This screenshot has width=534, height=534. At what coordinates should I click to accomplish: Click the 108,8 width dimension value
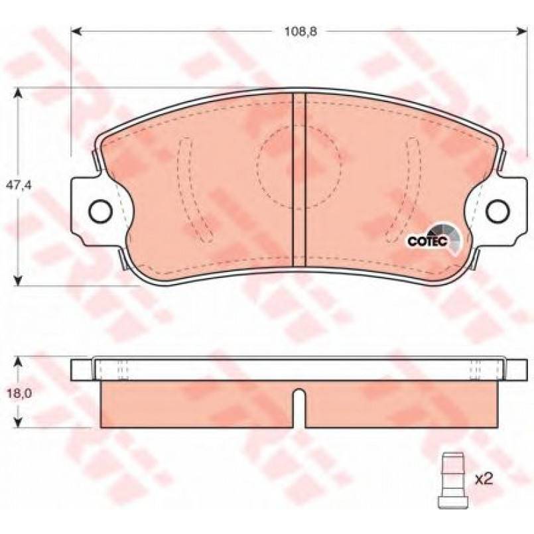pyautogui.click(x=300, y=32)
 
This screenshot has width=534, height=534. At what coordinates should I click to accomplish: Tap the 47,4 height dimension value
pyautogui.click(x=19, y=185)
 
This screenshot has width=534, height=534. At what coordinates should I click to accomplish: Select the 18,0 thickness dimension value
pyautogui.click(x=20, y=393)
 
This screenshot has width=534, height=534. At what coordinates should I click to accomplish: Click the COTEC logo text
pyautogui.click(x=427, y=241)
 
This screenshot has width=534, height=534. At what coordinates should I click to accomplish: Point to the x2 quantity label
pyautogui.click(x=484, y=479)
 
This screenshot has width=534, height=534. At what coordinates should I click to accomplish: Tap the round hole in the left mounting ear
pyautogui.click(x=100, y=211)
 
